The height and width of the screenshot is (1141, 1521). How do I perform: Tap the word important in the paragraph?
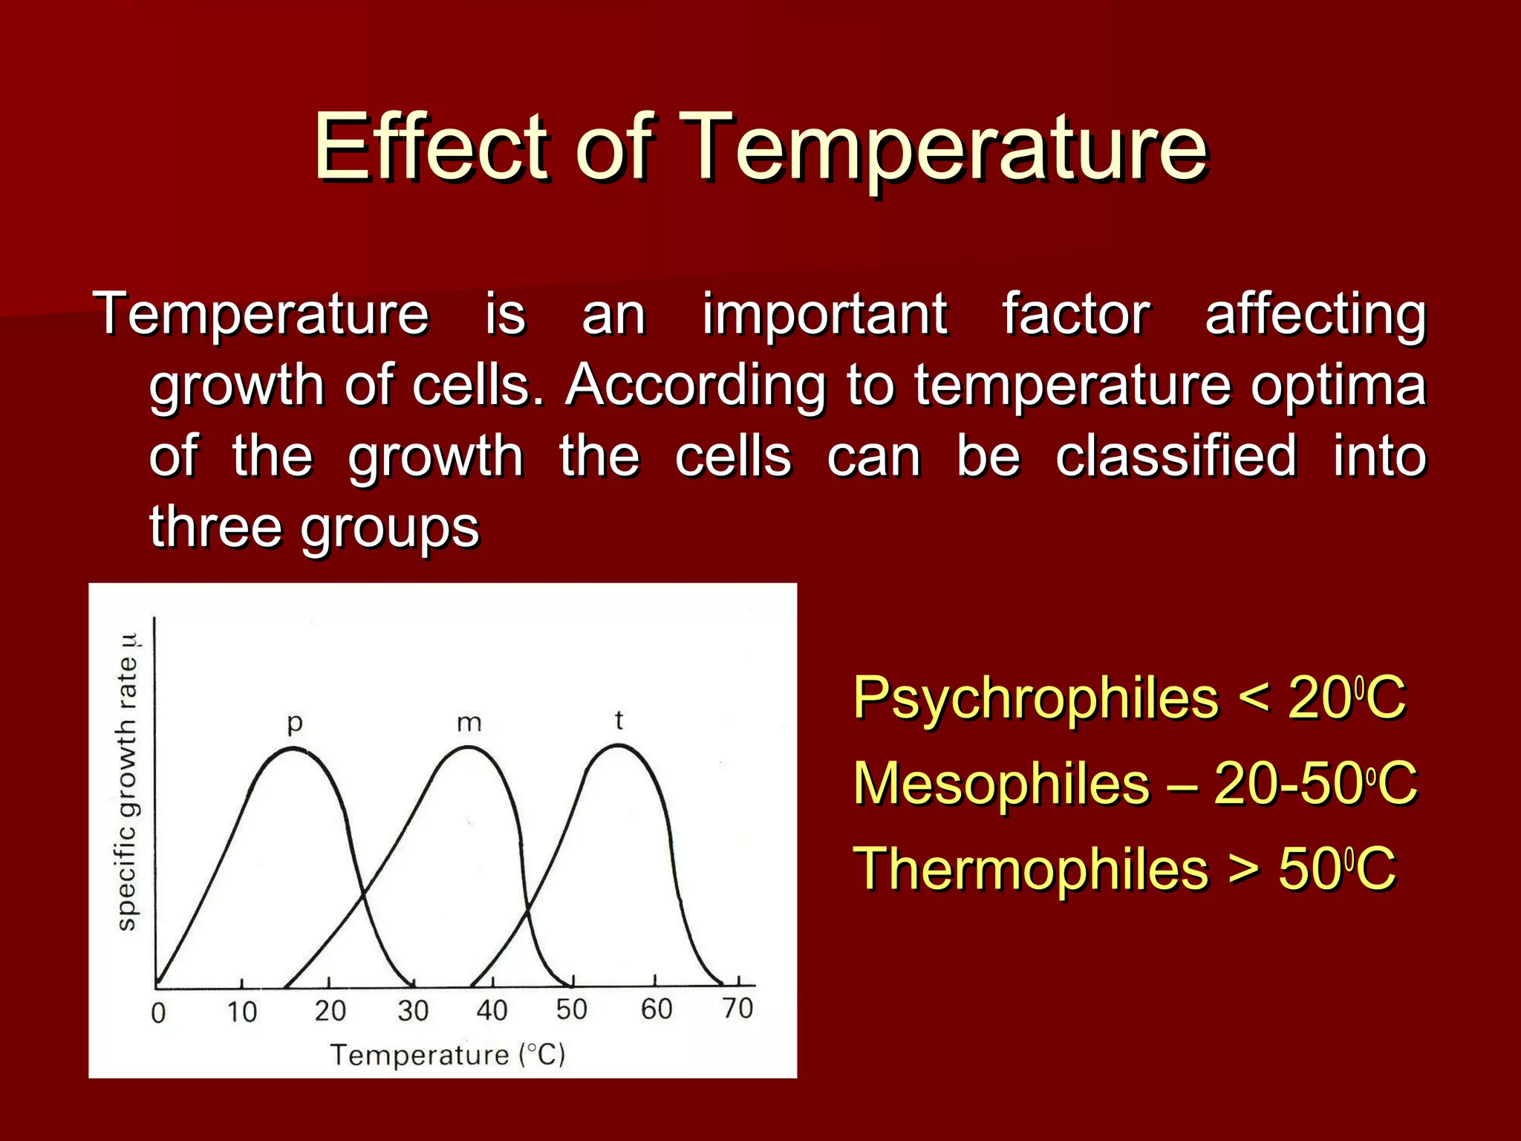click(x=824, y=314)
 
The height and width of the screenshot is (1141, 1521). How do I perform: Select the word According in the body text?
click(x=695, y=386)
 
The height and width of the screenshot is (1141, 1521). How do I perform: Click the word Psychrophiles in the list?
click(x=1035, y=698)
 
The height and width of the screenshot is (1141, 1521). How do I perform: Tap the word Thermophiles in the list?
click(x=1031, y=868)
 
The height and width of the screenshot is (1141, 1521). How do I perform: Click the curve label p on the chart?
click(x=295, y=722)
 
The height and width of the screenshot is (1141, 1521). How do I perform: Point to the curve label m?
click(x=469, y=722)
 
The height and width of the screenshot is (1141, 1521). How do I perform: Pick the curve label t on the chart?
click(x=619, y=719)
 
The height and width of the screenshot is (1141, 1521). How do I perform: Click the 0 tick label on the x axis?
click(x=158, y=1012)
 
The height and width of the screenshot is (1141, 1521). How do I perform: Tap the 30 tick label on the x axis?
click(x=412, y=1010)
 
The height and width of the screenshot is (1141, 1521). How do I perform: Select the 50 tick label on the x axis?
click(x=571, y=1009)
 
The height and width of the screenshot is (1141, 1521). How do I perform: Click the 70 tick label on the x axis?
click(x=737, y=1008)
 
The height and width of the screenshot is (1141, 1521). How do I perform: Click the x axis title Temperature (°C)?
click(x=448, y=1054)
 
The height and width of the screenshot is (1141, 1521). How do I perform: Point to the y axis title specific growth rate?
click(x=128, y=784)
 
